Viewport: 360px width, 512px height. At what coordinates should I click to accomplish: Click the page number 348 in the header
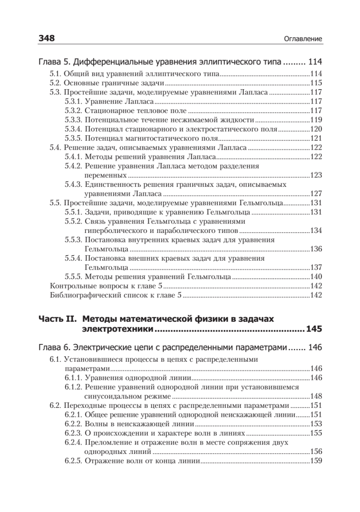point(47,38)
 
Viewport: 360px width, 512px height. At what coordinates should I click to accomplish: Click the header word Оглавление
point(302,39)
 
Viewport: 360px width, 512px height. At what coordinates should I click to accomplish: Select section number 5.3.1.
point(73,102)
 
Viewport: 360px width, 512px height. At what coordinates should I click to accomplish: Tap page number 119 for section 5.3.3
point(316,120)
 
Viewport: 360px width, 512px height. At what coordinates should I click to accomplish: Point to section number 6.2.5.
point(73,461)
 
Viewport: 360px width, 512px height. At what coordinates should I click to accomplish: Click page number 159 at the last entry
point(316,461)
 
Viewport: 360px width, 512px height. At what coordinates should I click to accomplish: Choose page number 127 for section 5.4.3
point(316,194)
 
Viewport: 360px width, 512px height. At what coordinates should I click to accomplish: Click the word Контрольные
point(71,286)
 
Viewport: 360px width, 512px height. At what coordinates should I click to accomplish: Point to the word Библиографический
point(81,295)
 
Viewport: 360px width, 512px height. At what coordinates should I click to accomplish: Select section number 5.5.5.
point(73,277)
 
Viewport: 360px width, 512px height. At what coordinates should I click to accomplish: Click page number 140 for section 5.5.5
point(316,277)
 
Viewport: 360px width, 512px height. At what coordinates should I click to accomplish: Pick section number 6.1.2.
point(73,387)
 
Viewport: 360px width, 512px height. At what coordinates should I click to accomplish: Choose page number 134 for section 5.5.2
point(316,231)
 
